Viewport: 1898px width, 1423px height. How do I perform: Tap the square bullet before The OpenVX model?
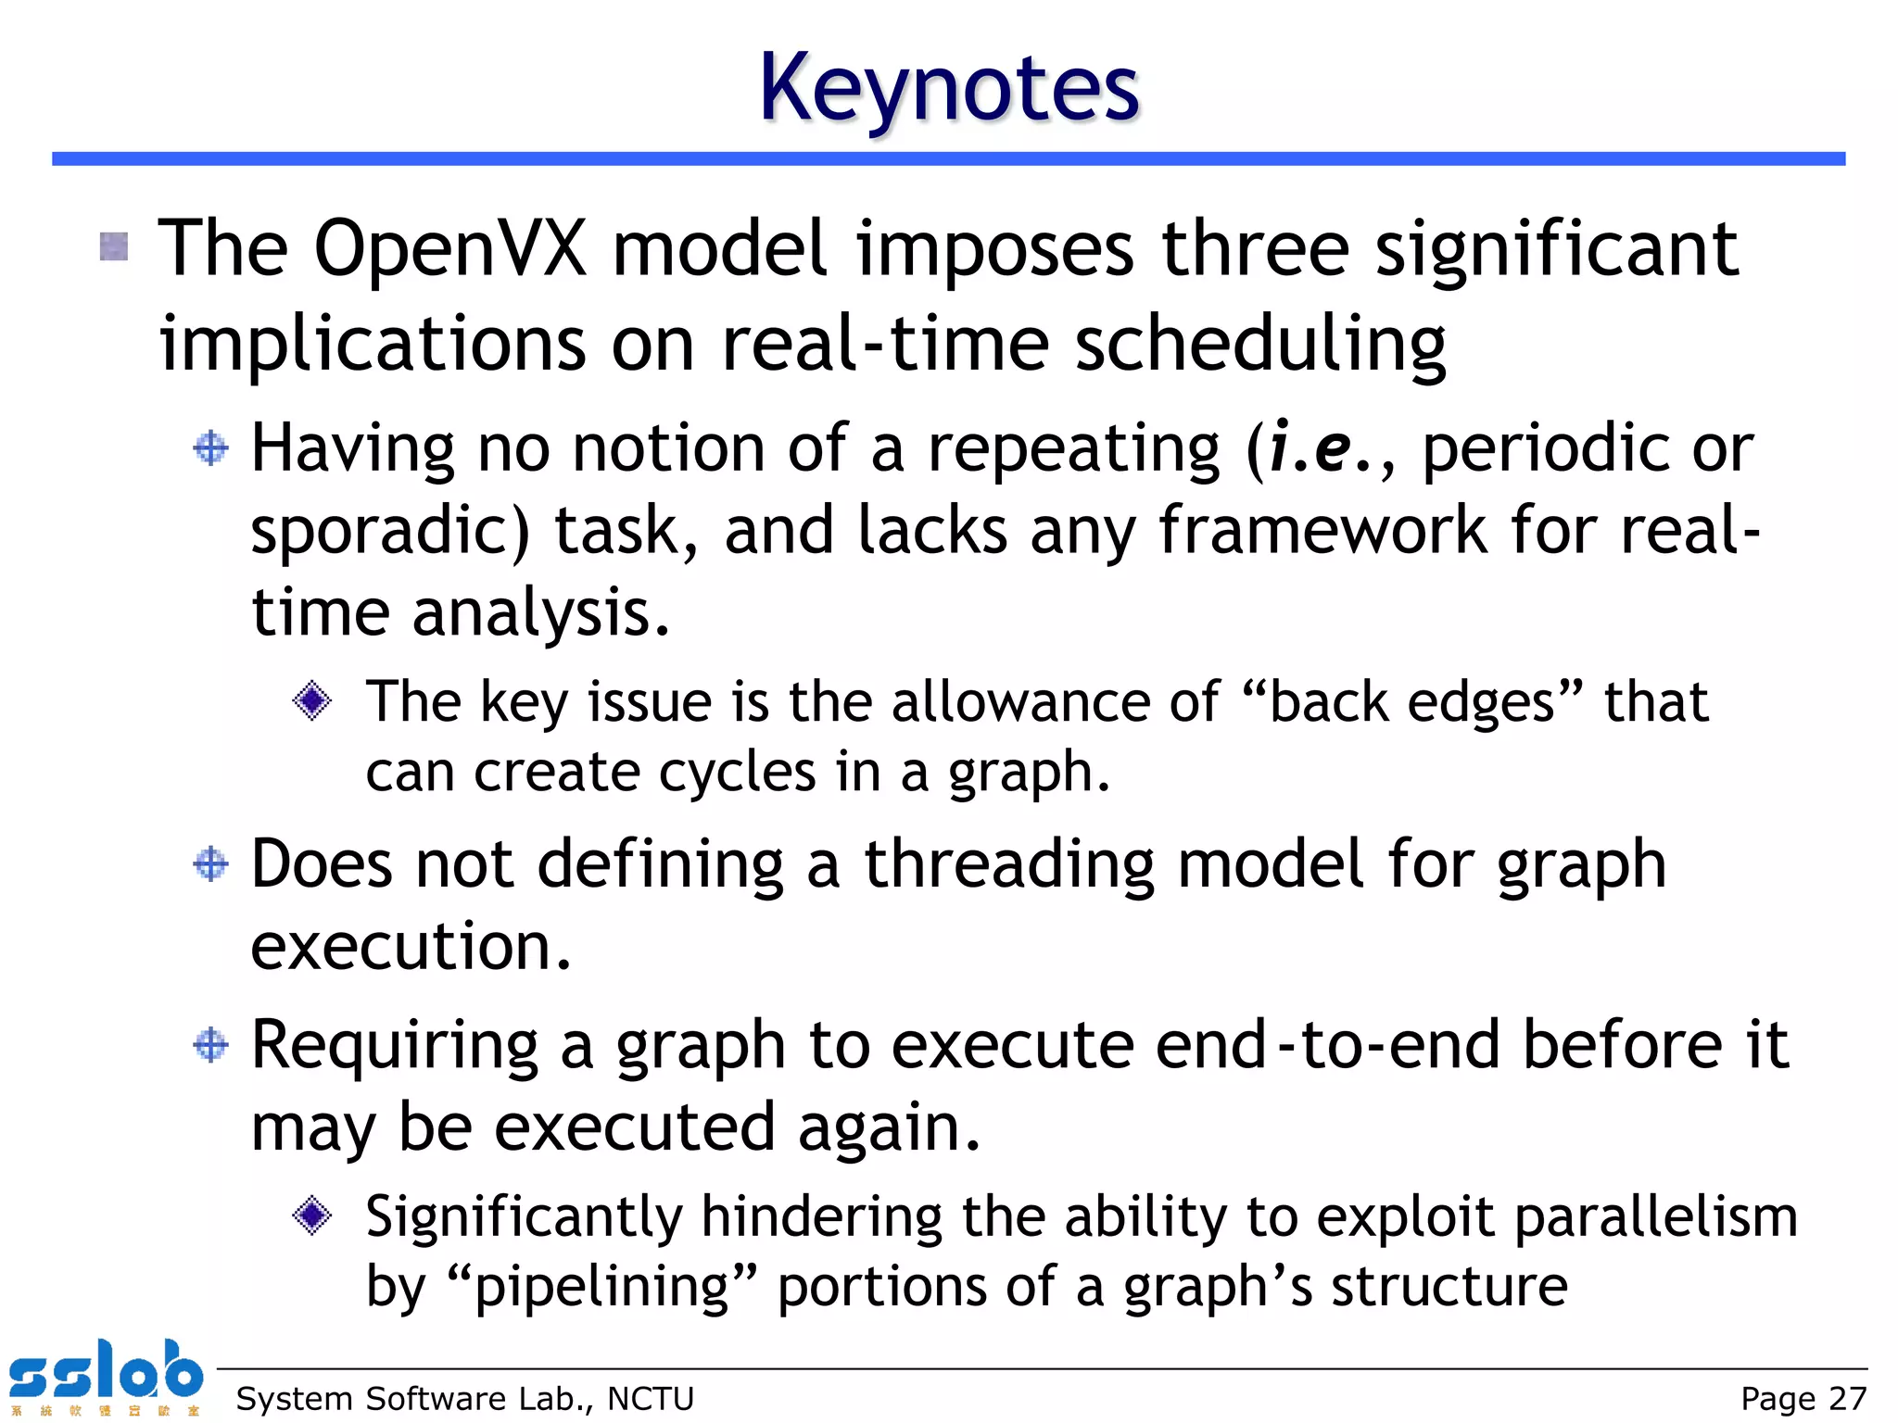click(x=114, y=246)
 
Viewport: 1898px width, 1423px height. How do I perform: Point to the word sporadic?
click(x=389, y=531)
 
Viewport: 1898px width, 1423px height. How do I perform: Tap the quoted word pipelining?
click(x=602, y=1287)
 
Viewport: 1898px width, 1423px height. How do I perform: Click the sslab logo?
click(x=105, y=1376)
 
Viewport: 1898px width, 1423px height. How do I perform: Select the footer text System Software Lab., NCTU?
click(x=464, y=1399)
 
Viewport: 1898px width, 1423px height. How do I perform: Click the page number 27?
click(x=1847, y=1399)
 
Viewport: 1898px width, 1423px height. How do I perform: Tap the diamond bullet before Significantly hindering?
click(x=311, y=1215)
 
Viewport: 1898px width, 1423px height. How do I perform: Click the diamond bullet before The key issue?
click(x=311, y=700)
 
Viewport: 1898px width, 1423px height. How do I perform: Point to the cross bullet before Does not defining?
click(x=211, y=863)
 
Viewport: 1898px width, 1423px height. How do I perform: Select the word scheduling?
click(x=1259, y=345)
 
